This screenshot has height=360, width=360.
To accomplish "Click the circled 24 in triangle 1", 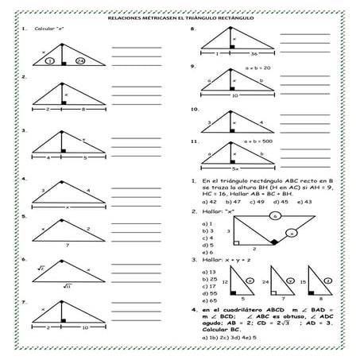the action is [x=79, y=60].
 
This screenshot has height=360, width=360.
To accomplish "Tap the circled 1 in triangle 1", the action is [x=49, y=60].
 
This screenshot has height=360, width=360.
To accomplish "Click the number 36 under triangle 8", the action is [x=252, y=54].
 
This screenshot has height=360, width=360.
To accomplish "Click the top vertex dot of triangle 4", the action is [x=61, y=181].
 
